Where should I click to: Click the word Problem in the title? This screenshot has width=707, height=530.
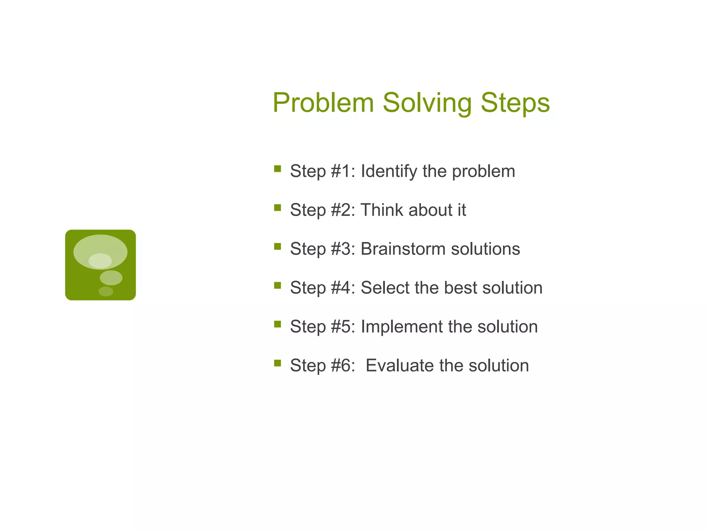323,103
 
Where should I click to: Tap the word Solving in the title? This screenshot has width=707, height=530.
427,103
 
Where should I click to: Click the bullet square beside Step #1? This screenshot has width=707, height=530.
277,169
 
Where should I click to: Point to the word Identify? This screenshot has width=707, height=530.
389,171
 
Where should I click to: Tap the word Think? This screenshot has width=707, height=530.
381,210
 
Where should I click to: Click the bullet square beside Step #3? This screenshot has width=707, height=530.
277,246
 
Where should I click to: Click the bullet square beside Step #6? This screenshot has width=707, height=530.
277,363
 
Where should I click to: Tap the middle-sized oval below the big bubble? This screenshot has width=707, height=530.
111,278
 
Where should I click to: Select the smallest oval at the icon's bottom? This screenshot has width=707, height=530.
106,292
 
